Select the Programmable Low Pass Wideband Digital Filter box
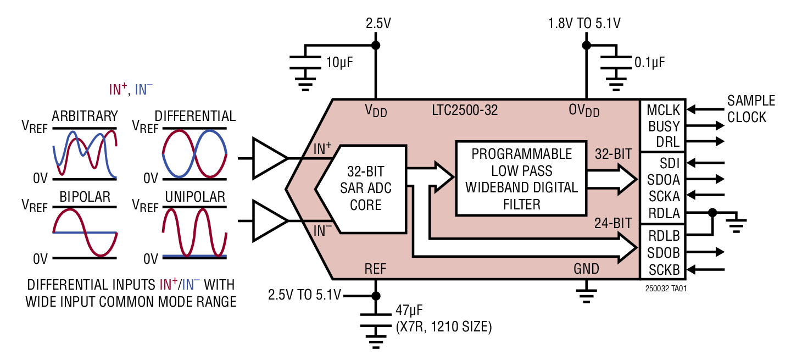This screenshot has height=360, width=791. (x=521, y=179)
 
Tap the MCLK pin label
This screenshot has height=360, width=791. (x=663, y=109)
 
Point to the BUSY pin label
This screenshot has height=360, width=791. (x=664, y=126)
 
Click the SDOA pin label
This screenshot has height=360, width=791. (x=664, y=179)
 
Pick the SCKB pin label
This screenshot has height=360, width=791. (x=664, y=269)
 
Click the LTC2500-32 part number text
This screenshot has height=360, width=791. (x=465, y=110)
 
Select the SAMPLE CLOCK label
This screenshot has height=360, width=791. (x=750, y=109)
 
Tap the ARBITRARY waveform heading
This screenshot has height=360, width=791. (x=85, y=116)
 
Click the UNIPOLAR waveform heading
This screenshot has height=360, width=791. (x=195, y=197)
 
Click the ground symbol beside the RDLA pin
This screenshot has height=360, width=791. (x=737, y=222)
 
